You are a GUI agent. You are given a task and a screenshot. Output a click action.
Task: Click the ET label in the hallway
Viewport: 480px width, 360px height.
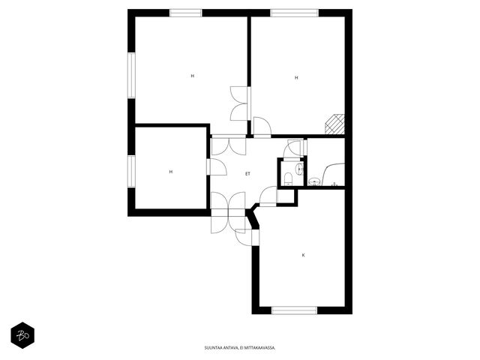click(247, 173)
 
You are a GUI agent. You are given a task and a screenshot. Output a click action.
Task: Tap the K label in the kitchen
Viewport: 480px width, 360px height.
click(303, 255)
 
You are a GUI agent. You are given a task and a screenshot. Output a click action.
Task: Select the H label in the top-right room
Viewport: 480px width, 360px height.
click(296, 78)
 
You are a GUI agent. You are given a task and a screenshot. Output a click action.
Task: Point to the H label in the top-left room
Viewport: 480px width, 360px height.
click(193, 76)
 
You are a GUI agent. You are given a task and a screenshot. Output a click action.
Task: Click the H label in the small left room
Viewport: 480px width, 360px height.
click(171, 172)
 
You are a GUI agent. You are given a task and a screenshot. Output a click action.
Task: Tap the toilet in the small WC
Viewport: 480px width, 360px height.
click(288, 179)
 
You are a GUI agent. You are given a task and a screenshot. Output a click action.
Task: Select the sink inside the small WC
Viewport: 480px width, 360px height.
click(299, 169)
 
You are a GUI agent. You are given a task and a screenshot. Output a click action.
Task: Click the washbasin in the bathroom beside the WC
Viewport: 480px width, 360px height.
click(313, 181)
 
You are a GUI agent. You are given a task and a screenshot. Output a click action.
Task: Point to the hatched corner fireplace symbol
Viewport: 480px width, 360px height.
click(335, 124)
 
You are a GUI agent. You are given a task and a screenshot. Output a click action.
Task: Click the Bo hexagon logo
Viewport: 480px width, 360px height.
click(22, 335)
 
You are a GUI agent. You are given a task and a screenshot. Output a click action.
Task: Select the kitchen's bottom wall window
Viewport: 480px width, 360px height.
click(295, 310)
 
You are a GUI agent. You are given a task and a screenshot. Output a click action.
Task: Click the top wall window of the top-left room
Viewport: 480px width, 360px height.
click(186, 13)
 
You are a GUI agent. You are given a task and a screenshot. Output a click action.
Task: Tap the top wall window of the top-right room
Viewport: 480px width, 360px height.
click(295, 13)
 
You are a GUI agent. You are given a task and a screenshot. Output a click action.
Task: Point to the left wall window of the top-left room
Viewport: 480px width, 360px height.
click(131, 75)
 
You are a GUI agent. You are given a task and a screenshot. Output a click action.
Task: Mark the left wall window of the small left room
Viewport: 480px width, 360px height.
click(131, 171)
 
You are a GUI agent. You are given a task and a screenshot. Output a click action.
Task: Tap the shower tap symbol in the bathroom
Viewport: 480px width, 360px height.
click(334, 184)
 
